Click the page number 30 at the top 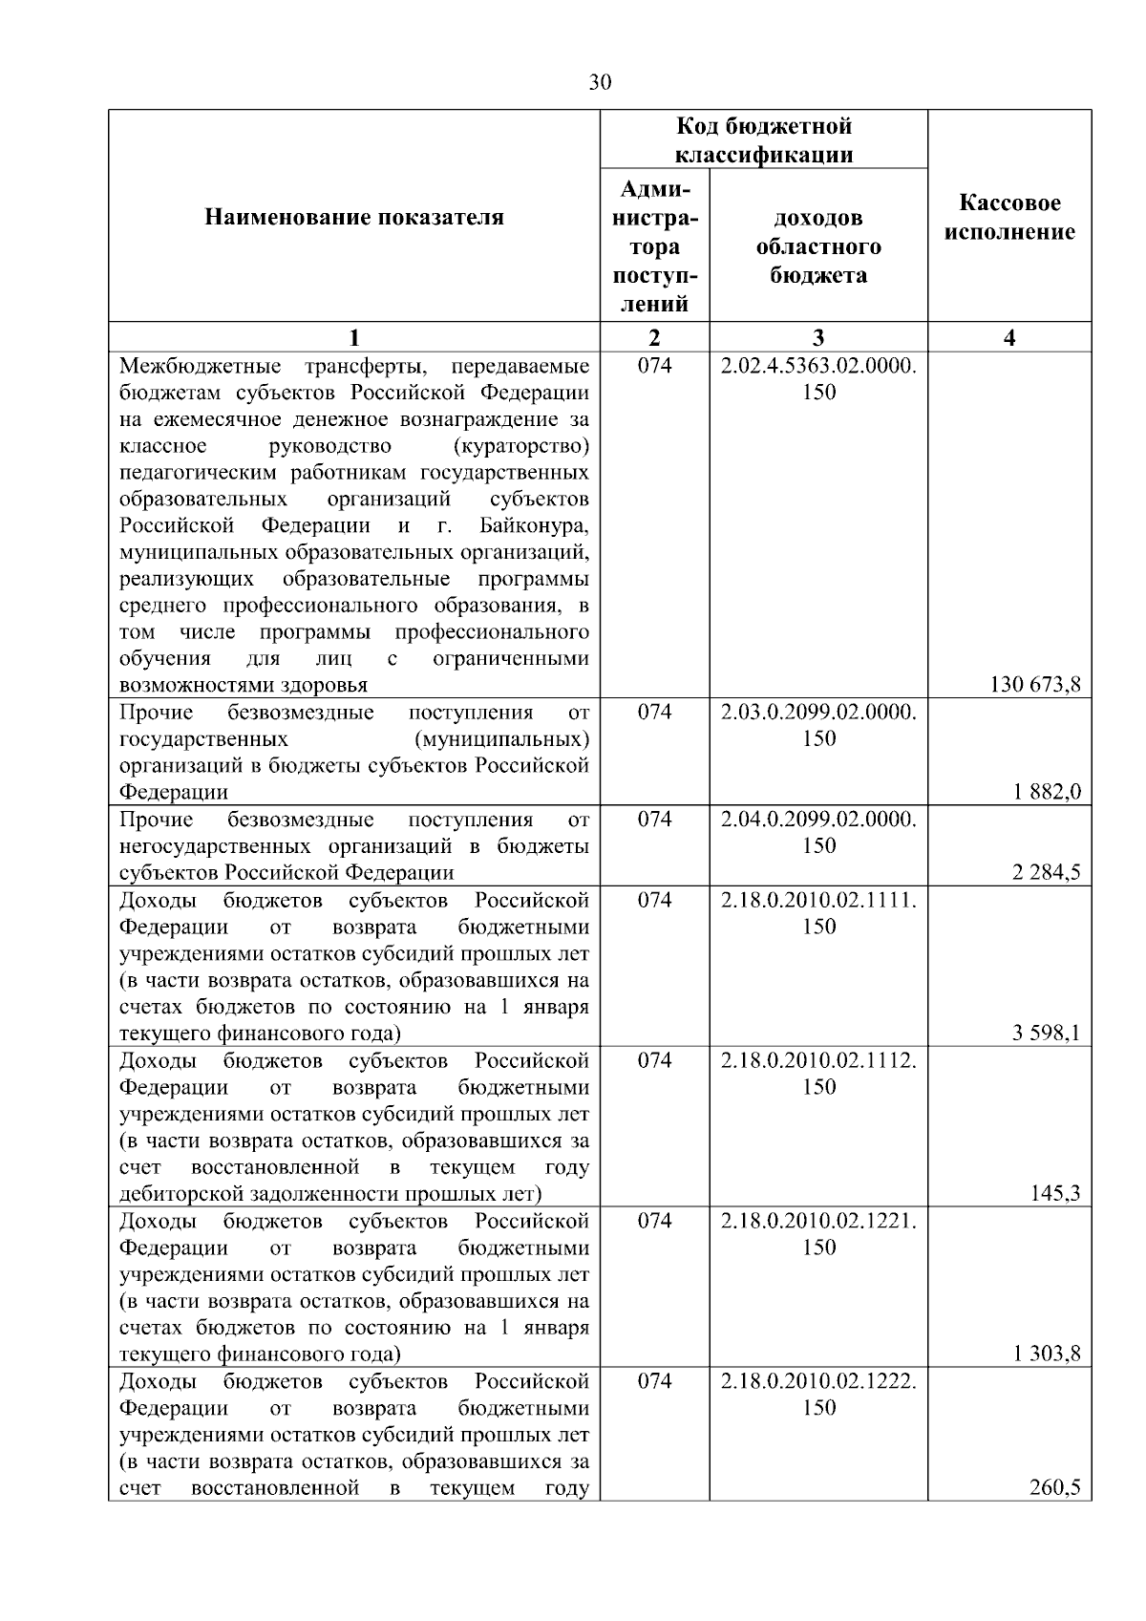599,82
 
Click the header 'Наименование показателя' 353,218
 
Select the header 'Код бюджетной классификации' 764,140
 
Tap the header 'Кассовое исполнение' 1009,218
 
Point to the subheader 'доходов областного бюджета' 818,246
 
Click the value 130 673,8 1036,684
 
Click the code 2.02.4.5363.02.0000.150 818,378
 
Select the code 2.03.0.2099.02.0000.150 818,724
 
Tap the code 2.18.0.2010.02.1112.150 818,1073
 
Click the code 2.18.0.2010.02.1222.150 818,1394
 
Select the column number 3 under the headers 818,337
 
